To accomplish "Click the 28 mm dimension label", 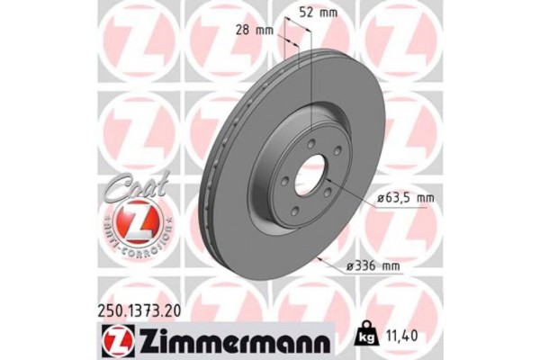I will click(x=259, y=30).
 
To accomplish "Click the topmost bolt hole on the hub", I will click(x=310, y=145).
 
